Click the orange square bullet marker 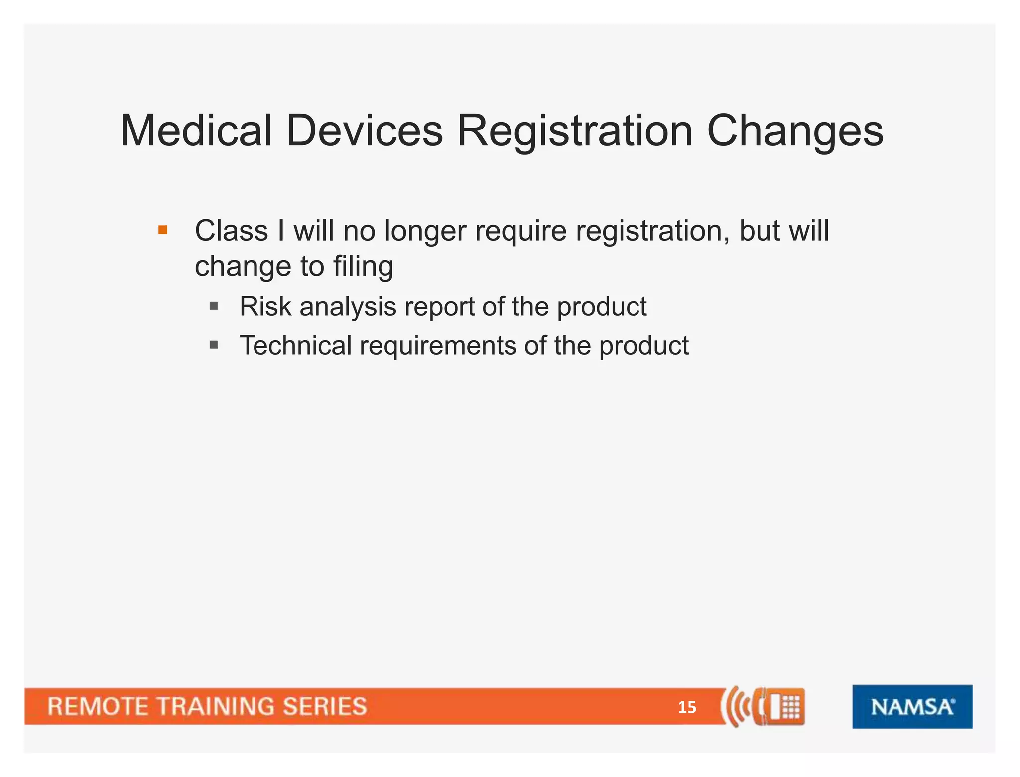coord(163,230)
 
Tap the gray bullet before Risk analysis coord(214,306)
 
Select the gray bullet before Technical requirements coord(214,345)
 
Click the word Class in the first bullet coord(231,231)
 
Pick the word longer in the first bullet coord(425,232)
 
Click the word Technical coord(295,345)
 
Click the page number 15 coord(687,707)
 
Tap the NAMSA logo coord(912,707)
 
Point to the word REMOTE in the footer coord(98,707)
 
